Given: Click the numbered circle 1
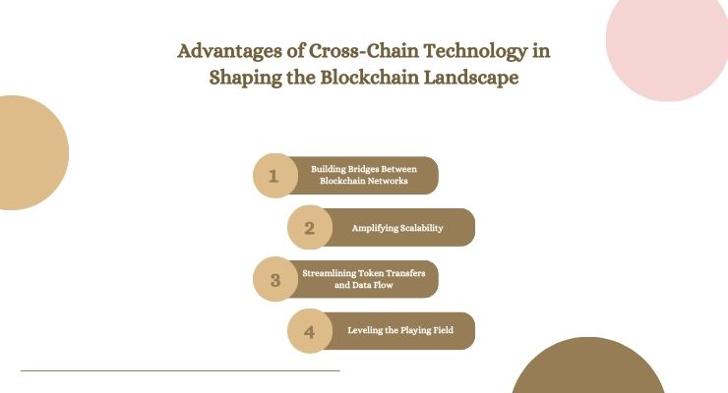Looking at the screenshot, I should tap(274, 177).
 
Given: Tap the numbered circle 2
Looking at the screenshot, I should tap(309, 229).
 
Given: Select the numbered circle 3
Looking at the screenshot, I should tap(274, 280).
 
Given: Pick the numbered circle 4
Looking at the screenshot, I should tap(309, 332).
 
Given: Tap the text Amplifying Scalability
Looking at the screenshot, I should tap(397, 228).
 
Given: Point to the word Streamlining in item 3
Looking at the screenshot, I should tap(329, 272).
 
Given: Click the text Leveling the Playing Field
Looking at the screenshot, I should tap(400, 331).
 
